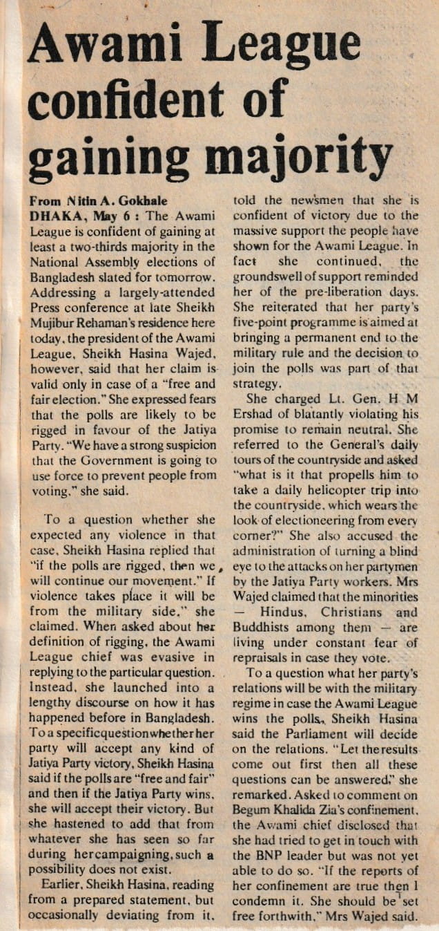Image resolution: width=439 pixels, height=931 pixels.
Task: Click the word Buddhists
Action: [262, 628]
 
